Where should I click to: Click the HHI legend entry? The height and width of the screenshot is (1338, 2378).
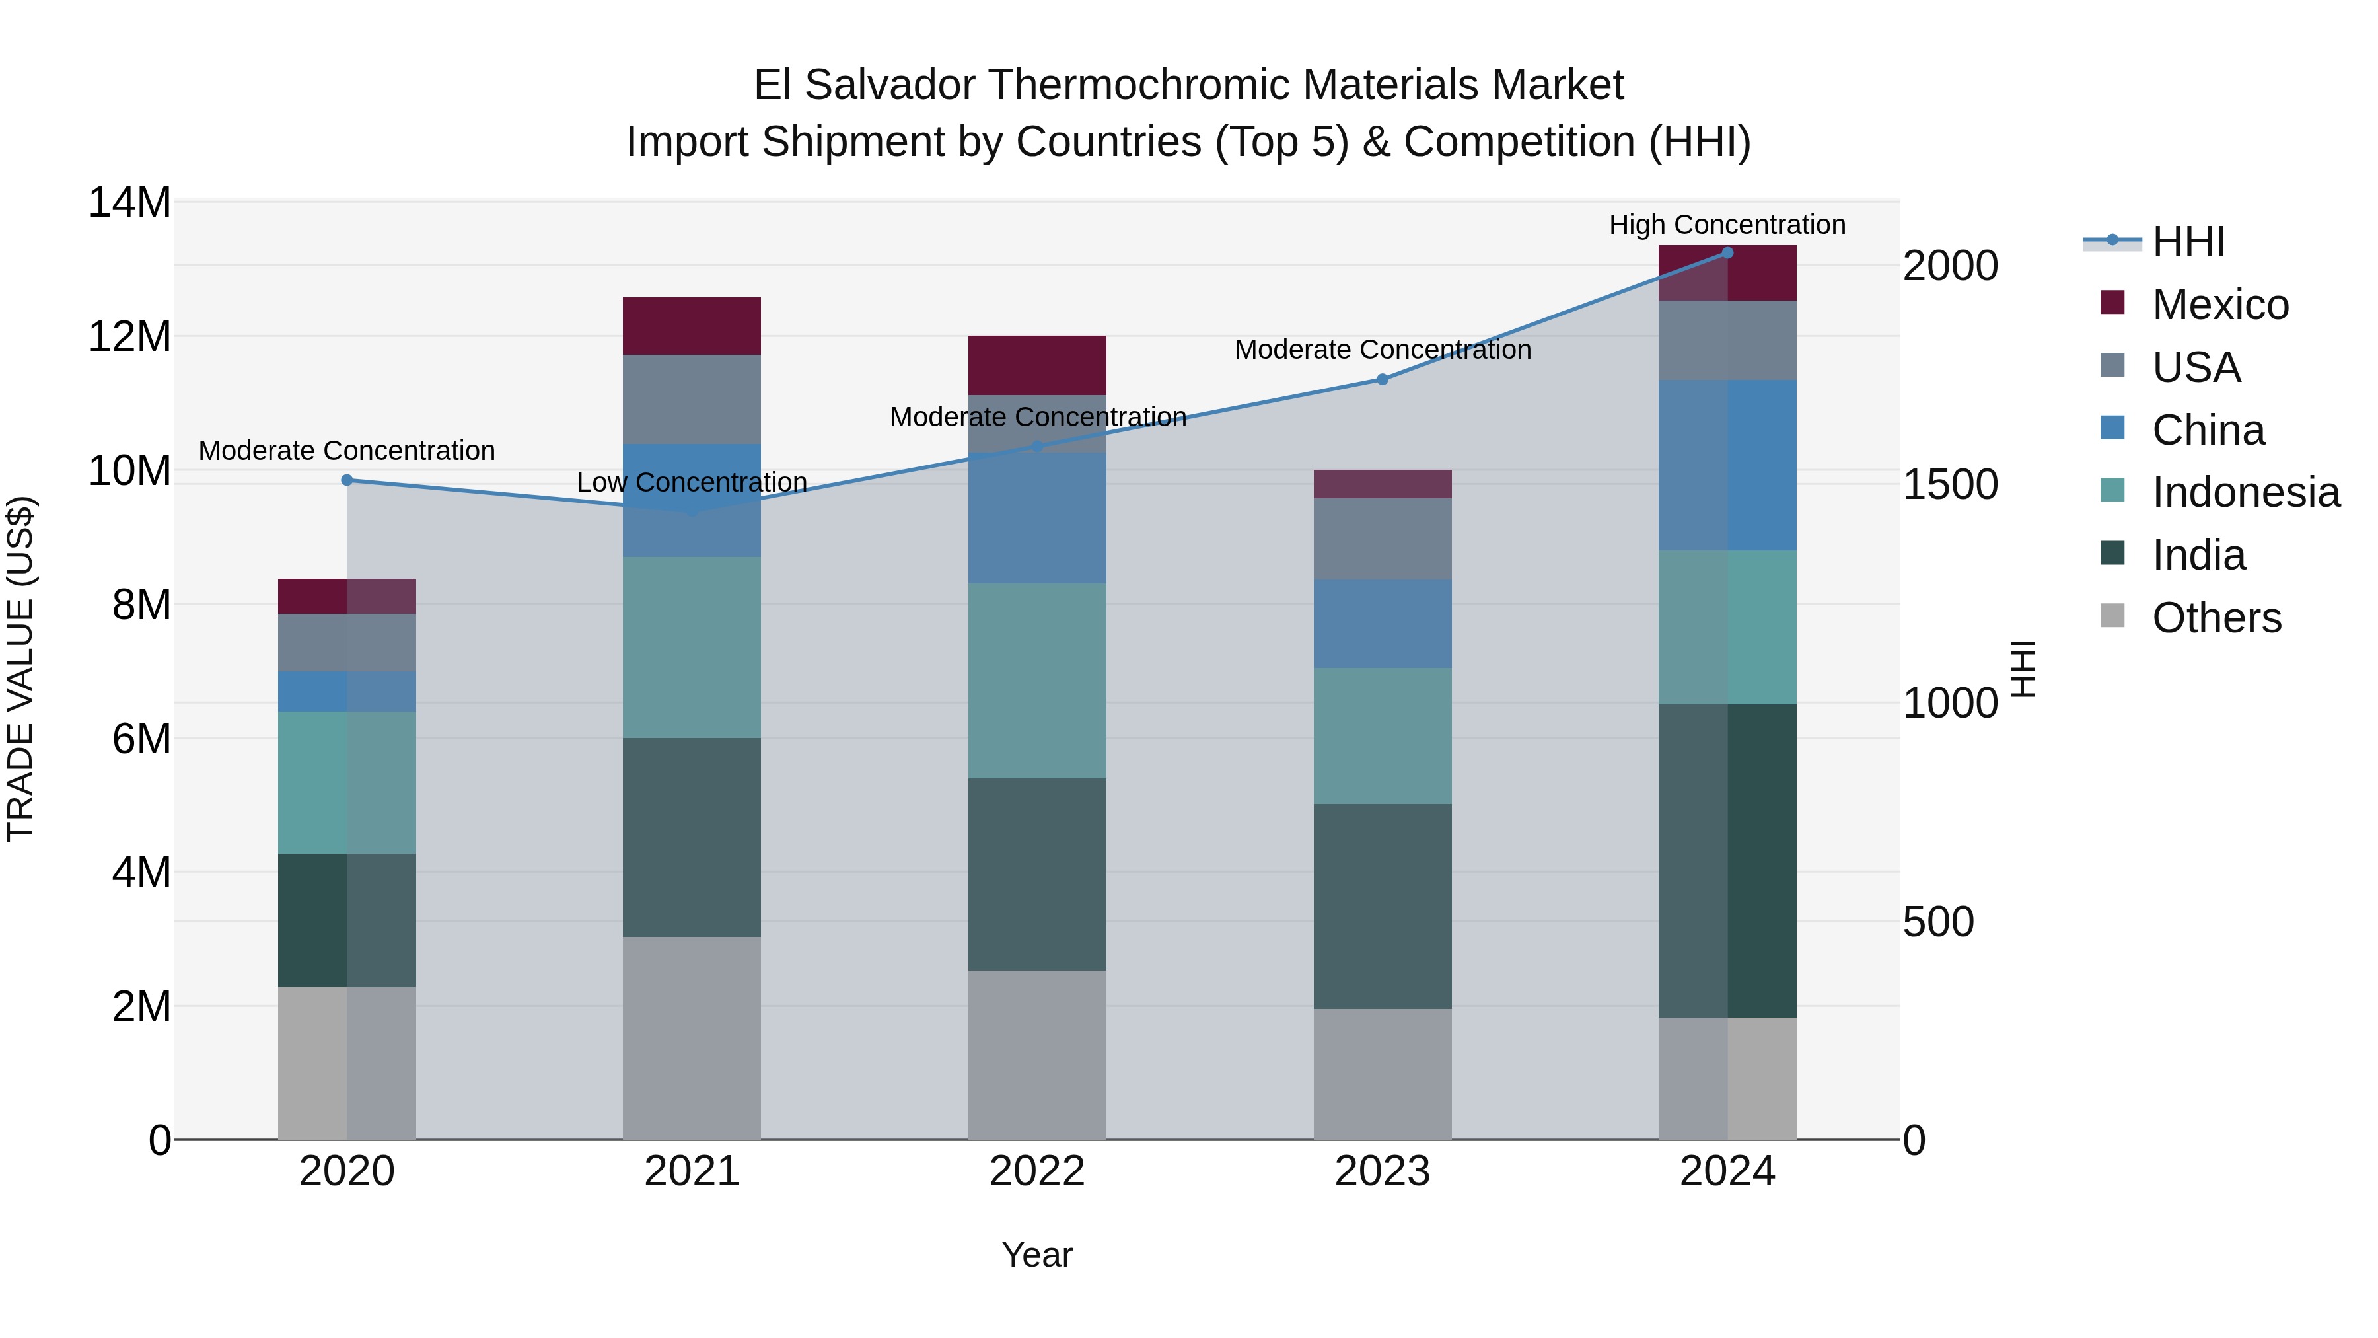coord(2188,242)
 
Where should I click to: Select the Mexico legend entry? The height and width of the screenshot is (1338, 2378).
coord(2219,305)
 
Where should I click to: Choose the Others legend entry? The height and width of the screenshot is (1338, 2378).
coord(2216,618)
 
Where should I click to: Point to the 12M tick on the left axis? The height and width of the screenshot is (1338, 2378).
coord(129,336)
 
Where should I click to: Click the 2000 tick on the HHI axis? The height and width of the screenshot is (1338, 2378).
coord(1950,266)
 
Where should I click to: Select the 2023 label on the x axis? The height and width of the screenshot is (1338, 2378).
coord(1382,1171)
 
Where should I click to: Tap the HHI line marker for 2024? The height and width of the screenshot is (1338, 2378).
coord(1727,253)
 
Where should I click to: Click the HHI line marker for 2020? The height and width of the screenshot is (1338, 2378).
coord(347,480)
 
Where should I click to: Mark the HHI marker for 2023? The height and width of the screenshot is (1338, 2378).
coord(1382,379)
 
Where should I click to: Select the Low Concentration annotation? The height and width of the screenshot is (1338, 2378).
coord(692,482)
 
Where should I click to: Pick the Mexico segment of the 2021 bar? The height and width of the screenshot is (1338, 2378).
coord(692,326)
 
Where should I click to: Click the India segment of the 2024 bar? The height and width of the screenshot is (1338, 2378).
coord(1727,860)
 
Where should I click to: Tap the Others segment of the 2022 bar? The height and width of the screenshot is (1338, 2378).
coord(1036,1055)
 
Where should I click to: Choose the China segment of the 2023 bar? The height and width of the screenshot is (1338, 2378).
coord(1382,624)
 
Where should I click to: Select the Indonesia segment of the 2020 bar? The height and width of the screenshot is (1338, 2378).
coord(347,782)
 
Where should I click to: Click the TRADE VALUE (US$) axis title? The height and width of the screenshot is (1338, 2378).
coord(20,669)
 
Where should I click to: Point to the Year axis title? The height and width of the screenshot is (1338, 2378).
coord(1036,1255)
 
